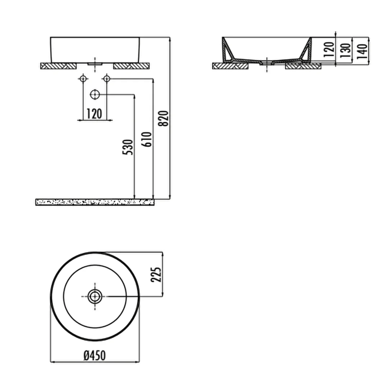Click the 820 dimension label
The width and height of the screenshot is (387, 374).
[x=163, y=118]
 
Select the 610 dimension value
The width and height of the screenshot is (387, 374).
[x=146, y=139]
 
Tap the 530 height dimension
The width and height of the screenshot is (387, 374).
[x=128, y=147]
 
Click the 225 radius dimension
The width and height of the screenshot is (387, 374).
[x=156, y=274]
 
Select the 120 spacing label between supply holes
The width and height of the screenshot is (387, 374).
[x=94, y=114]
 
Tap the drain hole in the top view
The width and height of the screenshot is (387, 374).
[x=95, y=297]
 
